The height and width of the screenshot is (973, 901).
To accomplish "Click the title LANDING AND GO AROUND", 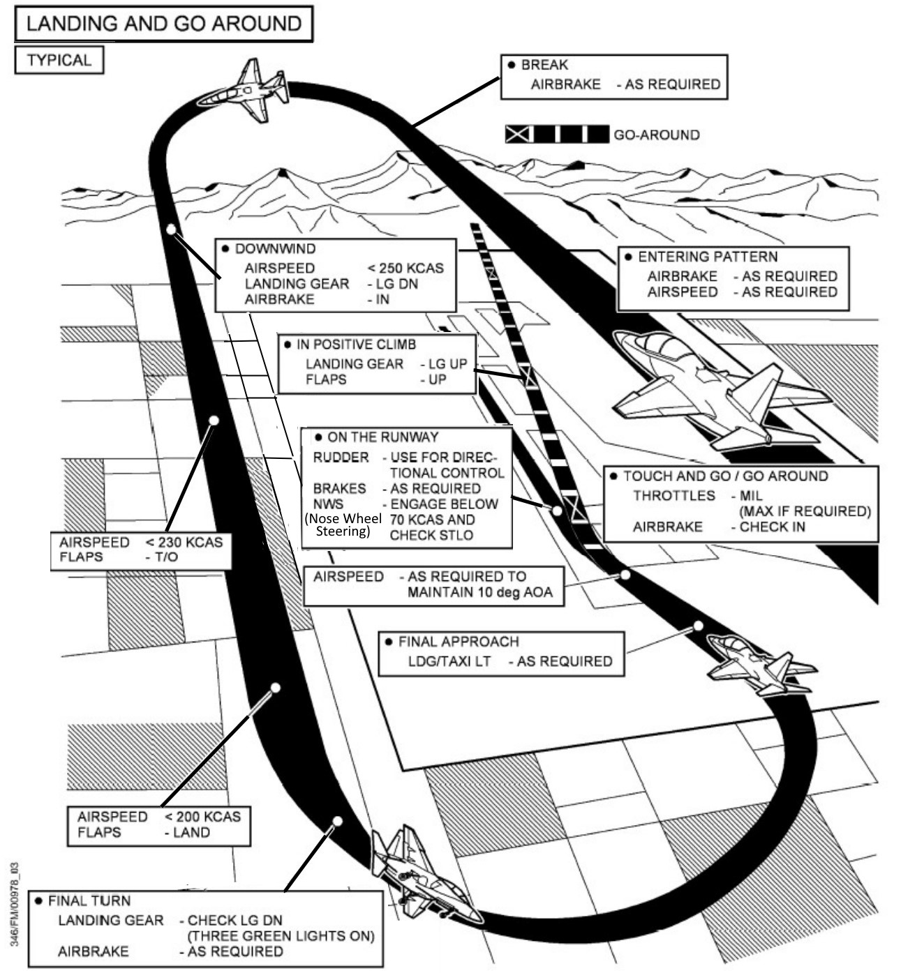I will click(164, 24).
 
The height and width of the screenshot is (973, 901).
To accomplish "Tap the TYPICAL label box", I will click(59, 60).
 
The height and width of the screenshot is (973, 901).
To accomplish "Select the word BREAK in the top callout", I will click(544, 65).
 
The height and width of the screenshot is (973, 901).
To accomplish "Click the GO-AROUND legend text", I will click(656, 135).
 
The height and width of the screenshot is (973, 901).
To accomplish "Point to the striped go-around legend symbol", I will click(556, 135).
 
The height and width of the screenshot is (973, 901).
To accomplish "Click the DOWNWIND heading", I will click(275, 249).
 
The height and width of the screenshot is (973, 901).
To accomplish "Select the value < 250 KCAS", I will click(405, 269).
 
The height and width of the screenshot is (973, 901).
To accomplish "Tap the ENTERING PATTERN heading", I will click(708, 257).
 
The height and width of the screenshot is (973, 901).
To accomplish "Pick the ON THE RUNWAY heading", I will click(382, 437).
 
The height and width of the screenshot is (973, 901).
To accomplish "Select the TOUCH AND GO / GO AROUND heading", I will click(725, 476).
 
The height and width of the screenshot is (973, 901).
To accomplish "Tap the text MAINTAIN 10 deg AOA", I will click(479, 592).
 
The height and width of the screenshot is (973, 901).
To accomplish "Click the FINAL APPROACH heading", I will click(459, 642).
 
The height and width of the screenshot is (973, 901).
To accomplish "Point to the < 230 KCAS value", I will click(184, 543).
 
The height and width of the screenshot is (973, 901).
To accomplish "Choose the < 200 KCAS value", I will click(202, 817).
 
